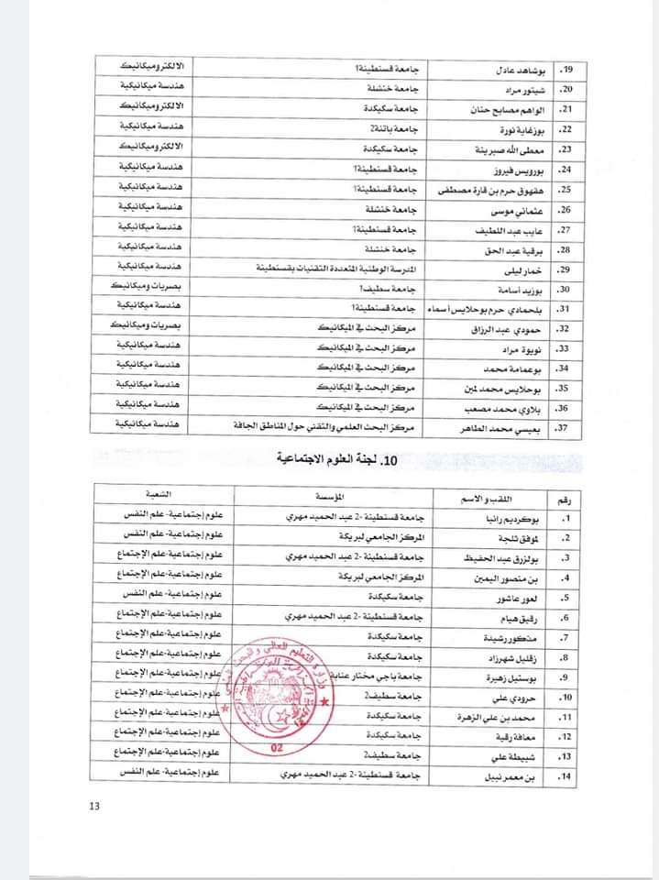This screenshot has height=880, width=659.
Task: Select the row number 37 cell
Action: coord(566,426)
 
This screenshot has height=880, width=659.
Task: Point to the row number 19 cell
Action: coord(566,70)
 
